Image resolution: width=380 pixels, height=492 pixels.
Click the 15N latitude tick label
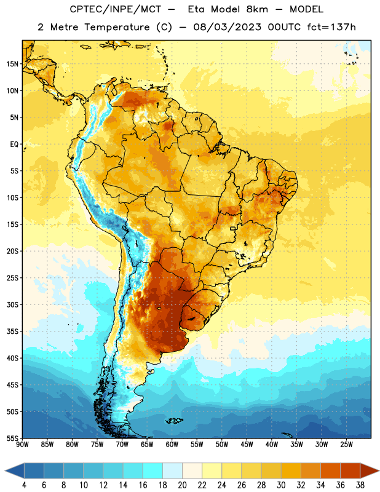(x=12, y=64)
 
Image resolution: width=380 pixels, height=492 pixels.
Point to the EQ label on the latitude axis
(x=14, y=145)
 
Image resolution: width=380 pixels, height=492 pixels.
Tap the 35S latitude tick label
(x=12, y=331)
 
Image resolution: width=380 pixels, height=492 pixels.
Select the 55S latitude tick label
(x=12, y=438)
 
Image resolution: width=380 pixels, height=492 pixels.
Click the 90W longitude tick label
(x=22, y=445)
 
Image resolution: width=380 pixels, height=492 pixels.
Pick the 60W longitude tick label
(x=172, y=445)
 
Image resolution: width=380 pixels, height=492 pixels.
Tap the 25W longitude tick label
(x=346, y=445)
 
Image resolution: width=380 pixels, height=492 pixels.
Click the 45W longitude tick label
(x=247, y=445)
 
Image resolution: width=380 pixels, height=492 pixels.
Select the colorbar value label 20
(x=182, y=485)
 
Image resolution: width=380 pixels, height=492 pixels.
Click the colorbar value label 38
(x=360, y=485)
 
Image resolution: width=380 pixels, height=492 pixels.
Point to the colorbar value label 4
(x=24, y=485)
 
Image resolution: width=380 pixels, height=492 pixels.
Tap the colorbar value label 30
(x=281, y=485)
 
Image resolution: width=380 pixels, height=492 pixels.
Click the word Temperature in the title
(x=117, y=27)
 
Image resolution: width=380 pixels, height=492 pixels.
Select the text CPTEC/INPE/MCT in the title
(x=115, y=9)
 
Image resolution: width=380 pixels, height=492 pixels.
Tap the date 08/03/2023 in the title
(x=227, y=27)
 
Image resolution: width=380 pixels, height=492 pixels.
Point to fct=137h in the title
(x=331, y=27)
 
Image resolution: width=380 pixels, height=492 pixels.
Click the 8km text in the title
(x=257, y=9)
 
